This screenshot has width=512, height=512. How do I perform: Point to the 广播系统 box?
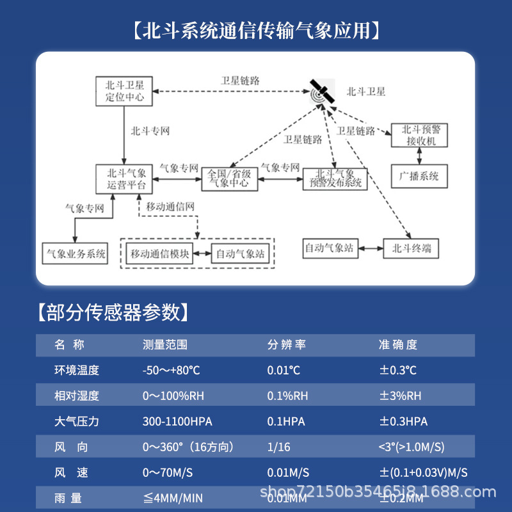[419, 176]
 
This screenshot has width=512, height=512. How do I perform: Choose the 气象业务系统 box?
[76, 253]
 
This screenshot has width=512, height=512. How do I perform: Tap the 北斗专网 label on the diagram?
[150, 131]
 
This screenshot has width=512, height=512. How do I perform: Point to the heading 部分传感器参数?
[111, 312]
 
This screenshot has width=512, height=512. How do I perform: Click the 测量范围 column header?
[165, 345]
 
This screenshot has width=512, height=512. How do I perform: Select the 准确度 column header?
[398, 345]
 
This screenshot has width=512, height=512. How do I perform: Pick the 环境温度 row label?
[77, 371]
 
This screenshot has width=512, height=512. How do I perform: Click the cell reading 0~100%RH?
[173, 396]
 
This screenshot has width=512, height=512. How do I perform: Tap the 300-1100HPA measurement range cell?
[177, 422]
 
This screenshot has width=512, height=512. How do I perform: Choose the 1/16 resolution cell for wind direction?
[278, 447]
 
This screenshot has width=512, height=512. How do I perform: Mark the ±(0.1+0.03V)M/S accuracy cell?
[423, 473]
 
